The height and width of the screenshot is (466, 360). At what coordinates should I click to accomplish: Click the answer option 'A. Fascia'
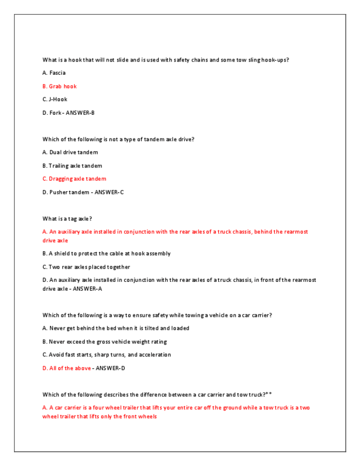54,73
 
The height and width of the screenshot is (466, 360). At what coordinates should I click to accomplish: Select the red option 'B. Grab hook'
59,86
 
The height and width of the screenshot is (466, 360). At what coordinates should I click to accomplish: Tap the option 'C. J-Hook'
55,99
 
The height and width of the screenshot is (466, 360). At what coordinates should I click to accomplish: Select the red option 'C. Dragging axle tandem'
74,179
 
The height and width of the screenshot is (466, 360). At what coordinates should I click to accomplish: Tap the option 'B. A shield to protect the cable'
106,254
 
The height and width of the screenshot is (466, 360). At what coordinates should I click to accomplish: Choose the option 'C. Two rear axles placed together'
86,267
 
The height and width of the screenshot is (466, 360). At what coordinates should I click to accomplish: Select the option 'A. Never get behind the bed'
115,329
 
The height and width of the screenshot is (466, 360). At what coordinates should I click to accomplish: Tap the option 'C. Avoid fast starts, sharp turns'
107,355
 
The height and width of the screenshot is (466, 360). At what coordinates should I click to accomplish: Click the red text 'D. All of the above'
67,368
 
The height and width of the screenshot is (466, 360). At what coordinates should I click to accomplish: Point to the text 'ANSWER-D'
110,368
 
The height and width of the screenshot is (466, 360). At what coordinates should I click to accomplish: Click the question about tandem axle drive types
118,140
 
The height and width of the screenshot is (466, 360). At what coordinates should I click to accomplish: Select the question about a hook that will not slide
165,60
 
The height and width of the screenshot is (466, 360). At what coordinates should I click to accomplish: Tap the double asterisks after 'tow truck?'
269,394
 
